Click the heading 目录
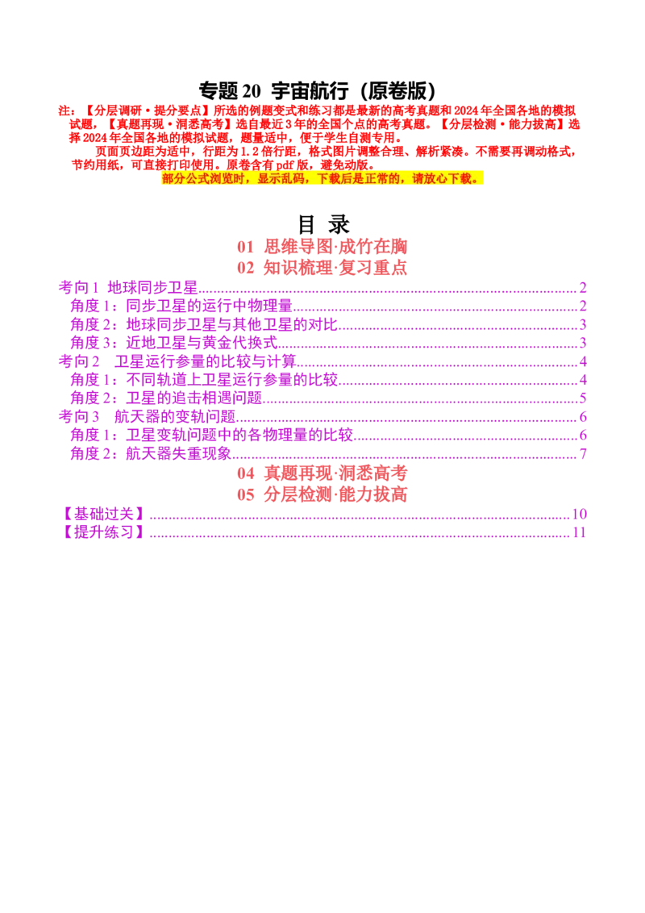click(x=323, y=224)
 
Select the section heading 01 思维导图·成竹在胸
click(x=322, y=247)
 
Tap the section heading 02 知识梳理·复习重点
click(x=322, y=268)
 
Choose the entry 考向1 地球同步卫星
click(x=128, y=288)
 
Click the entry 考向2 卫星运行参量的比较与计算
click(x=177, y=361)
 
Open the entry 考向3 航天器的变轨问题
click(x=147, y=417)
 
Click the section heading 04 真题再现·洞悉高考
click(x=322, y=473)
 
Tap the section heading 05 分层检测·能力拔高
click(x=322, y=494)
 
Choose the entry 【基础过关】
click(x=102, y=514)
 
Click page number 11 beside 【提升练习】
click(x=579, y=532)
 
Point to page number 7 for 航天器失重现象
click(x=583, y=454)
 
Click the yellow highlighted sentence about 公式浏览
click(x=322, y=178)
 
